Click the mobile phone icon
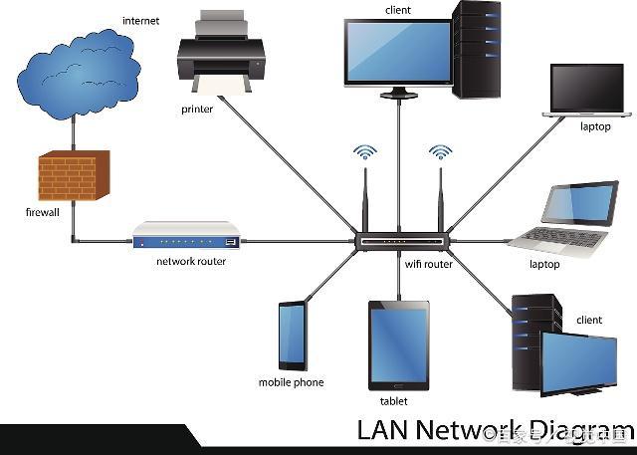[293, 336]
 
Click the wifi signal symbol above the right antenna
[440, 152]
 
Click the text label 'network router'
[191, 262]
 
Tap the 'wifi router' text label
[429, 265]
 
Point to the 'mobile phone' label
[292, 382]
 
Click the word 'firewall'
[43, 212]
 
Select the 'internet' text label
[140, 20]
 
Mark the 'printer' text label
[197, 110]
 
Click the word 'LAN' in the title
[383, 431]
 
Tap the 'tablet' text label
[393, 402]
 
